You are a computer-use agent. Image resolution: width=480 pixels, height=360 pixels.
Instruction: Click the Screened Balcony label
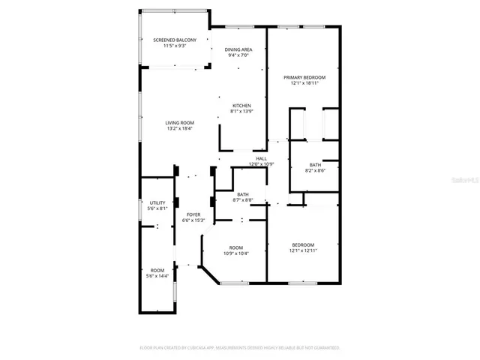pos(175,40)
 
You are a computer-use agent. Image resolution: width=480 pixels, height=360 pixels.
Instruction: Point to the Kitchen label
pos(241,106)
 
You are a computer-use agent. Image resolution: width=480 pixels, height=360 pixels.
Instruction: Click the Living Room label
pos(180,123)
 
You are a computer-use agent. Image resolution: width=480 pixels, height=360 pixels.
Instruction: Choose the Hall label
pos(262,158)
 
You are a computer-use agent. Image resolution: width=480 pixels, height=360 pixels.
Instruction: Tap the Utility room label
pos(157,202)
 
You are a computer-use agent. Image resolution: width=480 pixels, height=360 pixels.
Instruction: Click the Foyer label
pos(193,215)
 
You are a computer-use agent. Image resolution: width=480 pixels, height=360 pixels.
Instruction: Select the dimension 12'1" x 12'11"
pos(303,250)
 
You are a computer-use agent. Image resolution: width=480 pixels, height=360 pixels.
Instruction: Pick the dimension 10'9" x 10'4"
pos(236,253)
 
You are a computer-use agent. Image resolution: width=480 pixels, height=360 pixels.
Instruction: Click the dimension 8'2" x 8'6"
pos(315,170)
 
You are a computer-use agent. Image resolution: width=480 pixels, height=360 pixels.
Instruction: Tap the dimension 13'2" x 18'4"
pos(180,129)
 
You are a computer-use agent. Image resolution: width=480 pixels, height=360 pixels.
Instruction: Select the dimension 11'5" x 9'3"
pos(175,46)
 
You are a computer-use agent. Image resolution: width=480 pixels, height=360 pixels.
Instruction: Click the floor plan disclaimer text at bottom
pos(240,348)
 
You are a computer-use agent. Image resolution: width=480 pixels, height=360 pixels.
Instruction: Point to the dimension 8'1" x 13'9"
pos(241,112)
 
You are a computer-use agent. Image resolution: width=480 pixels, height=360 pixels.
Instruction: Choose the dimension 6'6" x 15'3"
pos(193,221)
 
